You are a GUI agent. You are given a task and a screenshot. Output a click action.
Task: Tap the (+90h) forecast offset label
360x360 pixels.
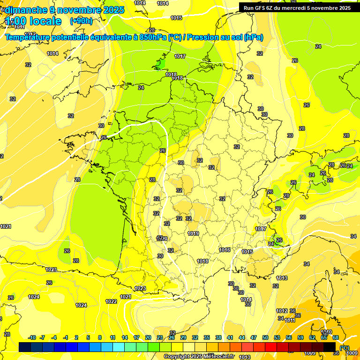coord(81,21)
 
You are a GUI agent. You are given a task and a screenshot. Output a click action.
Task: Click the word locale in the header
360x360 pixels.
coord(45,21)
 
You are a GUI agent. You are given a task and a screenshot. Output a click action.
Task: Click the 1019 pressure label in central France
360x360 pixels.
coord(193,233)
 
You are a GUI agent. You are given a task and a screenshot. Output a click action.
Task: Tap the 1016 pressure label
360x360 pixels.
coord(225,250)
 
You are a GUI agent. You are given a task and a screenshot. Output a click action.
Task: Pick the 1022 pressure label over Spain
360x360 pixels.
coord(111,301)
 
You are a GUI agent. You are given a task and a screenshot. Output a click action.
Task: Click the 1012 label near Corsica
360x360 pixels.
coord(282,311)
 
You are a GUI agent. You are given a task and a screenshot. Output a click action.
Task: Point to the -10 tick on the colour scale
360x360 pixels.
coord(32,337)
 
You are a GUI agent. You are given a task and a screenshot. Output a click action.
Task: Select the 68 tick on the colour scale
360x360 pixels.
coord(336,337)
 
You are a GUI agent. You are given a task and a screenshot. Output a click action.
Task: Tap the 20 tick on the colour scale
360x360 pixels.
coord(148,337)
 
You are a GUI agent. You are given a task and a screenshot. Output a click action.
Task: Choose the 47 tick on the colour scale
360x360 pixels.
coord(254,337)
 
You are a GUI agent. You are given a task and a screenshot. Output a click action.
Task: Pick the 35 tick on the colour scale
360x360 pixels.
coord(207,337)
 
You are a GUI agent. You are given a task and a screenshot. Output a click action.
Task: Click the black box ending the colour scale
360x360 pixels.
coord(330,347)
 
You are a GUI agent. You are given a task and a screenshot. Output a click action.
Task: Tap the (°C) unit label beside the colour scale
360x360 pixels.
coord(345,348)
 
